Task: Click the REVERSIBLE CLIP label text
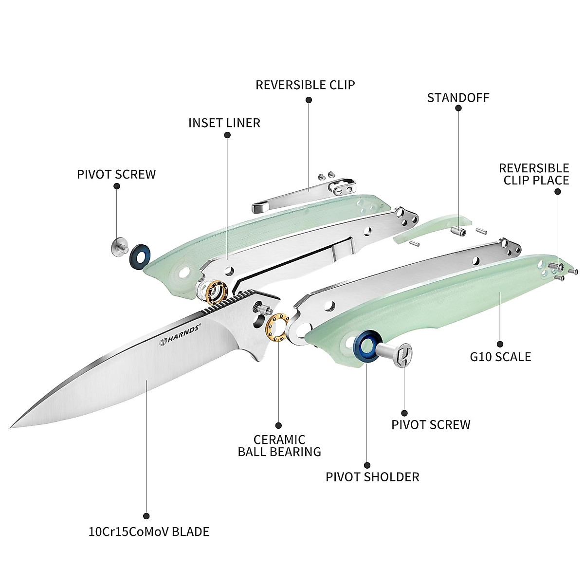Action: (306, 85)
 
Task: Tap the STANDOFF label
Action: (458, 97)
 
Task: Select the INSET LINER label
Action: (224, 122)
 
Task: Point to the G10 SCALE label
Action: (500, 357)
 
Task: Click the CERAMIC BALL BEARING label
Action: (279, 445)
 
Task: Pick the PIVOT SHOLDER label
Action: (372, 476)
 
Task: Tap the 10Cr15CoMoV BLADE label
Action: (146, 531)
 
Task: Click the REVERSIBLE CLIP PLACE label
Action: (533, 174)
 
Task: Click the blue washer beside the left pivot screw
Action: (140, 256)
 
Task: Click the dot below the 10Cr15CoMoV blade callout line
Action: (146, 516)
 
